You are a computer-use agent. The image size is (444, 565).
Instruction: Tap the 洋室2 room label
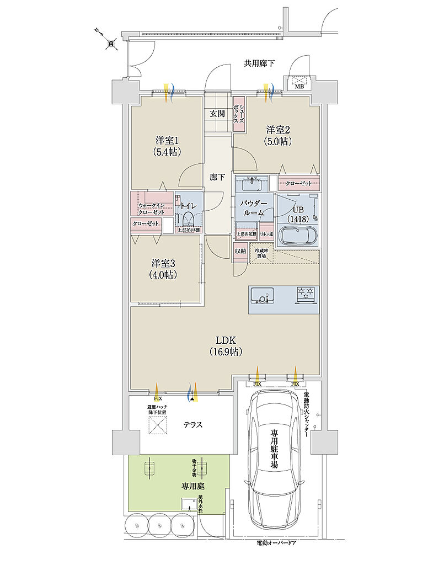click(x=278, y=130)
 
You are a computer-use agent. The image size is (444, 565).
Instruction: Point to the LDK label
click(x=226, y=340)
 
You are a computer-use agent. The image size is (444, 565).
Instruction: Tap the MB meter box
click(x=299, y=82)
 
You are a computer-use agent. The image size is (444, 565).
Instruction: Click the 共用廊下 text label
click(x=259, y=64)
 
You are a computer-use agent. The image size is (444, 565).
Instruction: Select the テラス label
click(x=192, y=425)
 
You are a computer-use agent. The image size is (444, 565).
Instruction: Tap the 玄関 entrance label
click(x=217, y=114)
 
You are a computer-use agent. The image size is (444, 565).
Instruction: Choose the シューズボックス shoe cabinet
click(x=239, y=113)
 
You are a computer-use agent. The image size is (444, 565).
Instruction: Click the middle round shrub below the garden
click(x=159, y=523)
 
